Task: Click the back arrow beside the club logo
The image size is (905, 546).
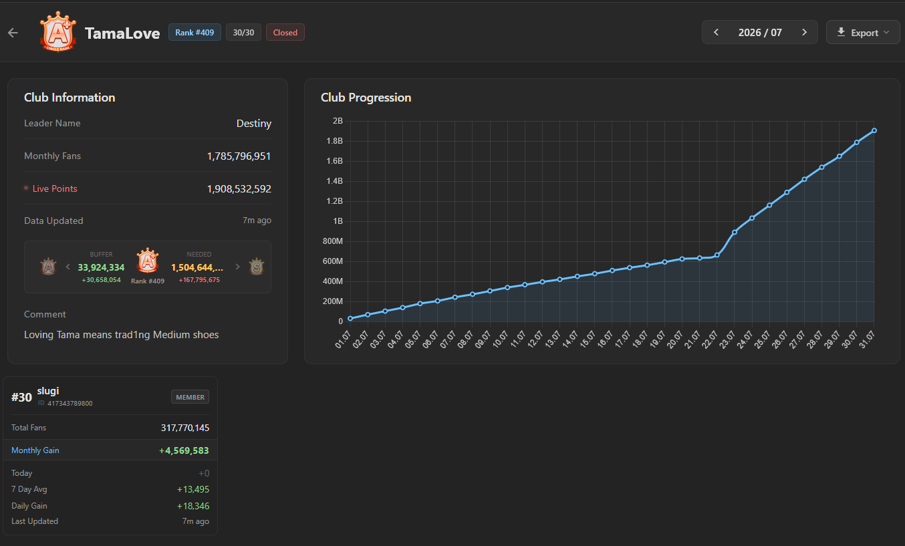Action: click(x=13, y=33)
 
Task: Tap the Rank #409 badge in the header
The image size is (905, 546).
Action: click(x=195, y=32)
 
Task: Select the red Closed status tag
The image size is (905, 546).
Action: click(x=285, y=32)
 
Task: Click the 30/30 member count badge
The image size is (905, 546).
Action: click(x=243, y=32)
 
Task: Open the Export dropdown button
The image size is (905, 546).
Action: click(x=863, y=32)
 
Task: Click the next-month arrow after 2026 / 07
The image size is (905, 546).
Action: click(x=804, y=32)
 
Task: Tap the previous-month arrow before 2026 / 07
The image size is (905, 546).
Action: click(x=716, y=32)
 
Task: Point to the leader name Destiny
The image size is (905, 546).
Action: click(x=254, y=124)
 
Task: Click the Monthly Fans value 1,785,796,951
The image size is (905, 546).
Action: click(x=239, y=156)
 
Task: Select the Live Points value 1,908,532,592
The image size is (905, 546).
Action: click(x=239, y=189)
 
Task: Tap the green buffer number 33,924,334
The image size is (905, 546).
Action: click(x=101, y=267)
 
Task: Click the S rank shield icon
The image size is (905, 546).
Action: click(x=257, y=267)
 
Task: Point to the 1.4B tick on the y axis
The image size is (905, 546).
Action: click(x=334, y=181)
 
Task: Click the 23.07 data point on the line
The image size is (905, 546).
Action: click(x=735, y=232)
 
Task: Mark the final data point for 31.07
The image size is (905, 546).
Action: click(x=874, y=130)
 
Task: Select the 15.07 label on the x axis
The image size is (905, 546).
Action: click(x=588, y=339)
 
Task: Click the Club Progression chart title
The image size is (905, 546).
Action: click(x=366, y=98)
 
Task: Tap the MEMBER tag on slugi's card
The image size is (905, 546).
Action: click(x=190, y=397)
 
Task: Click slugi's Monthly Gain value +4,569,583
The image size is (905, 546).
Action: click(x=184, y=450)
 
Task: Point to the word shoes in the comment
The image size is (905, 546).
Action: click(x=205, y=335)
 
